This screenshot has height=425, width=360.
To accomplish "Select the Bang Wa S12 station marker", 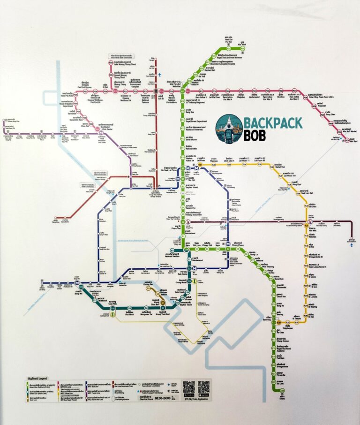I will pyautogui.click(x=81, y=286).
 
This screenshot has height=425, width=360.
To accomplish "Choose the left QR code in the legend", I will pyautogui.click(x=188, y=387).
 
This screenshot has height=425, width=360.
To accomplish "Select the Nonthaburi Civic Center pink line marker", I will pyautogui.click(x=100, y=134).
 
